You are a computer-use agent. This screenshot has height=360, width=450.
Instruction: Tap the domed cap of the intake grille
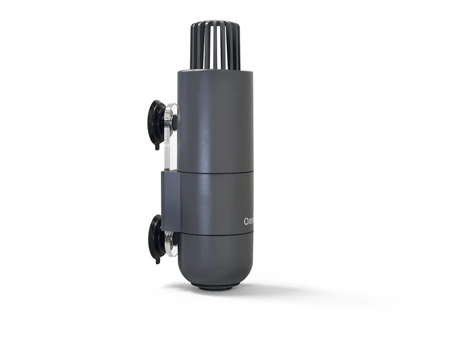(215, 25)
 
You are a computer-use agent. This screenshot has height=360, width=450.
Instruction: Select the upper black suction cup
(157, 124)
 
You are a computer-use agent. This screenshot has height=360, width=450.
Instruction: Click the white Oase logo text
(248, 221)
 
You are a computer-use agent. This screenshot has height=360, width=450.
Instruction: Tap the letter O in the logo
(246, 221)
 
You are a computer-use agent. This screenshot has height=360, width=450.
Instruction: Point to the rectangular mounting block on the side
(170, 200)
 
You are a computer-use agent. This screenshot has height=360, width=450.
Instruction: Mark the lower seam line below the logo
(215, 233)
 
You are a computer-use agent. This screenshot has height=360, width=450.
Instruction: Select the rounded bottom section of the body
(215, 259)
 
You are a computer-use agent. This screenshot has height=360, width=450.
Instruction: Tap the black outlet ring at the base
(215, 287)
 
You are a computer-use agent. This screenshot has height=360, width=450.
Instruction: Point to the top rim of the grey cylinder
(215, 72)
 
